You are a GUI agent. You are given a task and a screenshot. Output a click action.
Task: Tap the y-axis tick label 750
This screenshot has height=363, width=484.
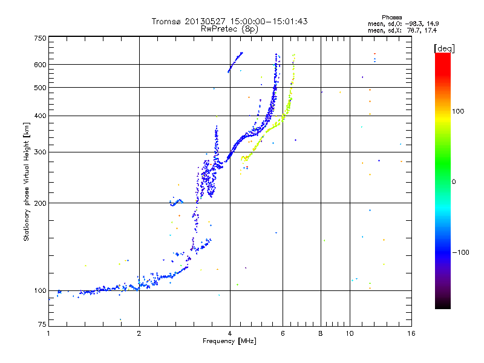point(40,38)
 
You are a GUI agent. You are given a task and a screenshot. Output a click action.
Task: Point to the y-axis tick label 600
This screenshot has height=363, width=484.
point(40,65)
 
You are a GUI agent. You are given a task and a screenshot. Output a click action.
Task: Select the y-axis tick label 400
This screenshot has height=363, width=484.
point(40,116)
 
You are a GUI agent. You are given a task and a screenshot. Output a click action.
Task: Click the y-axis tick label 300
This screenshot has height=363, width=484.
point(40,152)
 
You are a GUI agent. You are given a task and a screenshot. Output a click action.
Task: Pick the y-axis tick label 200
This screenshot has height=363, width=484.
point(40,203)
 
